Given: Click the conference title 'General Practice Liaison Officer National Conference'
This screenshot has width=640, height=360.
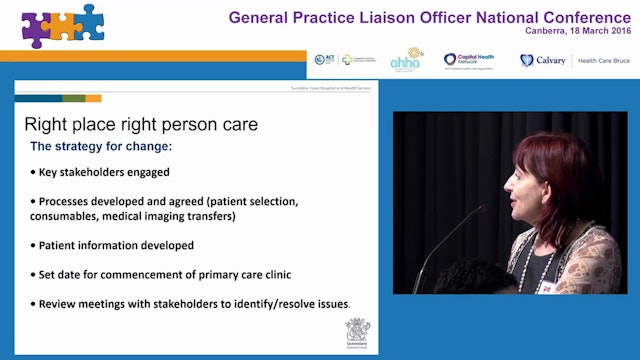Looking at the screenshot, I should coord(431,16).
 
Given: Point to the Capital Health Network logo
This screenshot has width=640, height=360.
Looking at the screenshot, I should coord(469,60).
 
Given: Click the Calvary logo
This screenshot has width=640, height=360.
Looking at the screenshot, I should coord(541,60).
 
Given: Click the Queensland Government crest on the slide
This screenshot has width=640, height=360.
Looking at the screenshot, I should coord(357,332).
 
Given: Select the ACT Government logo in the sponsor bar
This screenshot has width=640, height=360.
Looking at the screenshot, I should coord(324,60).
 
